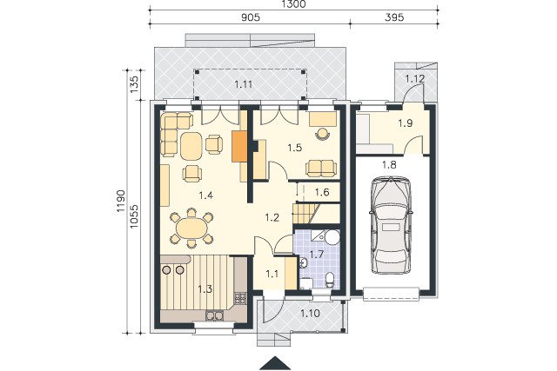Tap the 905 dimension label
pyautogui.click(x=251, y=17)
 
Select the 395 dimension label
pyautogui.click(x=394, y=17)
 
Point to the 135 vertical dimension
pyautogui.click(x=134, y=84)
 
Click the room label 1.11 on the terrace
pyautogui.click(x=244, y=84)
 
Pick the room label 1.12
pyautogui.click(x=415, y=78)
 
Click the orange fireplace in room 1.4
pyautogui.click(x=239, y=147)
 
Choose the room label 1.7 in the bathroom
pyautogui.click(x=316, y=254)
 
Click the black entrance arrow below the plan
pyautogui.click(x=275, y=363)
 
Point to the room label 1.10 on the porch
pyautogui.click(x=310, y=313)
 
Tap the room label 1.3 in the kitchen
pyautogui.click(x=205, y=289)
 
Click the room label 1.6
pyautogui.click(x=322, y=192)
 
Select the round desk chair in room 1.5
pyautogui.click(x=322, y=134)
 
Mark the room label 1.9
pyautogui.click(x=405, y=123)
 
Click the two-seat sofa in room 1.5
pyautogui.click(x=321, y=168)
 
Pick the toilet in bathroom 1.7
pyautogui.click(x=330, y=279)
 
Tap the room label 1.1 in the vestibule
pyautogui.click(x=272, y=274)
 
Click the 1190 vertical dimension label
pyautogui.click(x=120, y=201)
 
